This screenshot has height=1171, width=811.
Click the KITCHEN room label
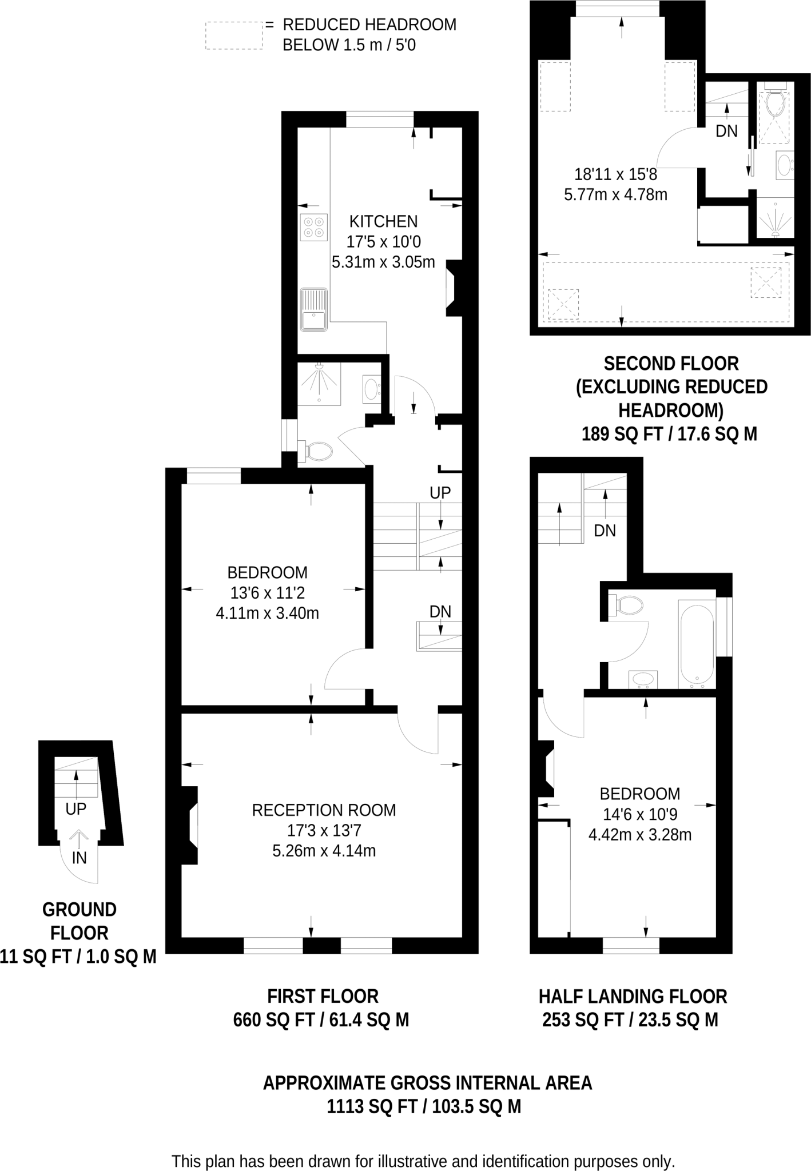pos(383,221)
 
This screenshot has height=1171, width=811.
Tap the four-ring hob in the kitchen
pos(313,227)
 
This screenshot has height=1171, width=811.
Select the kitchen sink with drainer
pos(313,310)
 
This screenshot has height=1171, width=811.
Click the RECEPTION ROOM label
pos(324,810)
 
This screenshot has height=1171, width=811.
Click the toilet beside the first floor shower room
pos(318,451)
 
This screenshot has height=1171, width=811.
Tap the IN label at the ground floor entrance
pos(79,858)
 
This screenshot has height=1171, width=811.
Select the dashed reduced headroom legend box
pos(234,35)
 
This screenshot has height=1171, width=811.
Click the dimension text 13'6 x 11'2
pos(267,593)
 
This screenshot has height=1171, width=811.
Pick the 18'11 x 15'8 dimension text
pos(615,174)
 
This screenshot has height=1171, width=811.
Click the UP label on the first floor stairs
pos(440,492)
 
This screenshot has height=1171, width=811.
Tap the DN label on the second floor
pos(726,131)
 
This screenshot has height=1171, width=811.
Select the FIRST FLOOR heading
pos(323,996)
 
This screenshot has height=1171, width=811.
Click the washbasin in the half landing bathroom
pos(643,679)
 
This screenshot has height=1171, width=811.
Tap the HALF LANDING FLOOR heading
pos(633,997)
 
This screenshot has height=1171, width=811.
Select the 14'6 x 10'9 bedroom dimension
pos(639,814)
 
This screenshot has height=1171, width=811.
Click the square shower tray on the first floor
pos(319,383)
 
